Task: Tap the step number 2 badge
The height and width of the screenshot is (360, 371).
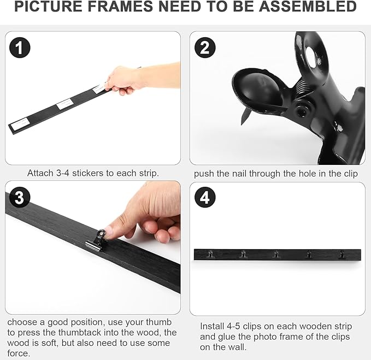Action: click(x=204, y=48)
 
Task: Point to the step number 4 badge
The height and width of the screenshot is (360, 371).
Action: click(x=204, y=198)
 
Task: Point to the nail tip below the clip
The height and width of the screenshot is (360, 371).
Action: click(x=245, y=116)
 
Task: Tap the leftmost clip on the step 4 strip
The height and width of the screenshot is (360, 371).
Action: click(x=210, y=254)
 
